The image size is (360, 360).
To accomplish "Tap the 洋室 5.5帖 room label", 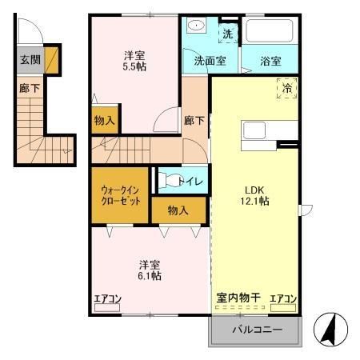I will click(134, 62).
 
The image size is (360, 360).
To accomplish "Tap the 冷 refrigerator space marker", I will click(287, 88).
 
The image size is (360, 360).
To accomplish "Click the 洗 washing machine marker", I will click(227, 34).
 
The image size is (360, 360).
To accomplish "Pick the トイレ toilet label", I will click(190, 182).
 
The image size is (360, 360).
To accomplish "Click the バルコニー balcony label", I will click(256, 328).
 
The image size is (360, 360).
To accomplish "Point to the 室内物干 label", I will click(238, 298).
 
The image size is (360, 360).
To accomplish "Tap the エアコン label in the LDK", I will click(282, 298).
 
